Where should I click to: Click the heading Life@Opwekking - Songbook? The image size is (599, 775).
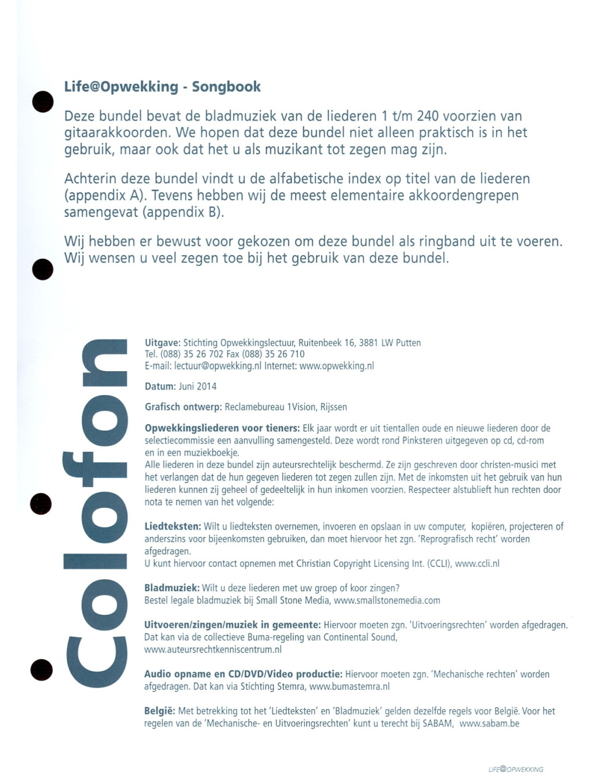[162, 87]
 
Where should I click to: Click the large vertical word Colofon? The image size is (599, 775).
[96, 512]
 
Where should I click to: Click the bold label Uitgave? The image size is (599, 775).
[162, 343]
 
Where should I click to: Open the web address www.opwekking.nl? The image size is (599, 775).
[337, 366]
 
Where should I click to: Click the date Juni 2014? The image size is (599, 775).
[197, 386]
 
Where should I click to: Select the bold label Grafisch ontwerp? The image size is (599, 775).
[183, 407]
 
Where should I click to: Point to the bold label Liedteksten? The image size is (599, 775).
[173, 526]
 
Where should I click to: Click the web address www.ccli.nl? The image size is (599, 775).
[477, 564]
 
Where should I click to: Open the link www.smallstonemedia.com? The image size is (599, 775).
[387, 601]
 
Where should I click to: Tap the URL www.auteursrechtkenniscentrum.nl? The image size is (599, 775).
[213, 650]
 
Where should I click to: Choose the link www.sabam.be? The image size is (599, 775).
[489, 724]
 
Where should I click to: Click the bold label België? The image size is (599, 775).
[160, 711]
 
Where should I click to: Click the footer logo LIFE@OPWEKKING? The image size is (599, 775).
[516, 769]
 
